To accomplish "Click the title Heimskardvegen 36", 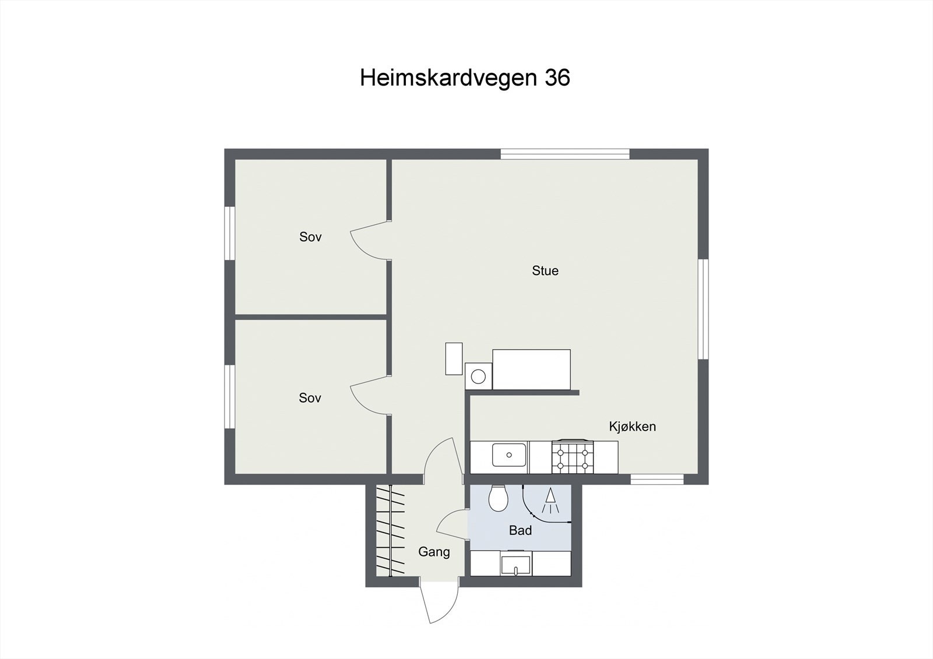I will (465, 77).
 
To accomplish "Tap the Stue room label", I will (545, 270).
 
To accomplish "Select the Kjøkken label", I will (632, 427).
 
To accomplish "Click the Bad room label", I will (520, 530).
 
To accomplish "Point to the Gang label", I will (434, 551).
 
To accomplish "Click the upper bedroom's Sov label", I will (310, 237).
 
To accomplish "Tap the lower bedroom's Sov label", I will (310, 398).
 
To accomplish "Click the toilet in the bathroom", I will (498, 499).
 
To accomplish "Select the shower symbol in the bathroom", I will (550, 502).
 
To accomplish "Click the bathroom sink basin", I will (515, 565).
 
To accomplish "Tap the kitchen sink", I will (509, 454).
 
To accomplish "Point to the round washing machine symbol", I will (478, 376).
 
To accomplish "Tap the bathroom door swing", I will (453, 524).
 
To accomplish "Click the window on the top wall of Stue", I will (565, 154).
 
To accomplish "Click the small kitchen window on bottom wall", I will (657, 479).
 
